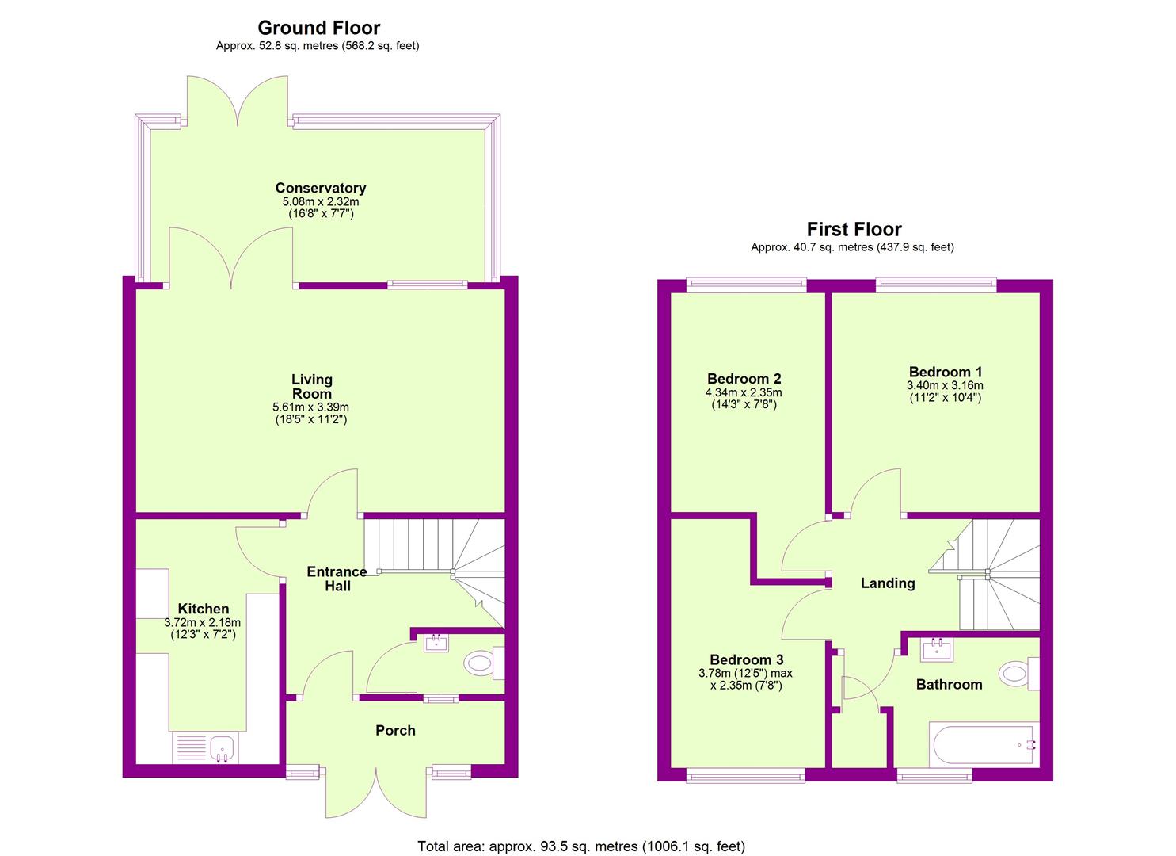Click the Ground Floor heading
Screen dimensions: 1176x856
[x=318, y=27]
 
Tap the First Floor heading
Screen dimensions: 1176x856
[x=854, y=229]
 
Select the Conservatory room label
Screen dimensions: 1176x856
[x=321, y=188]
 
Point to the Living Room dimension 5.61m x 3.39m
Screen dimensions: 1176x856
[x=310, y=407]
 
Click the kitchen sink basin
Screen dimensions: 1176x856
[x=223, y=747]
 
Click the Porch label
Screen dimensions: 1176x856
[x=395, y=731]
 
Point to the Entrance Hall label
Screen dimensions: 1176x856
[x=337, y=579]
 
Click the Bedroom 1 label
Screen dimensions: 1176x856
[x=946, y=372]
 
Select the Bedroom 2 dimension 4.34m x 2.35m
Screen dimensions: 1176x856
[x=744, y=392]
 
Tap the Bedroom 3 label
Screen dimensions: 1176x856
[x=747, y=659]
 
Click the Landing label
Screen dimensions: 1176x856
[x=888, y=583]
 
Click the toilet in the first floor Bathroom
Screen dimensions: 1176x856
[x=1019, y=674]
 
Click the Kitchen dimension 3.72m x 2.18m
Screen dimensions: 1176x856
[x=203, y=623]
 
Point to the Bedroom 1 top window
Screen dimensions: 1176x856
[x=936, y=285]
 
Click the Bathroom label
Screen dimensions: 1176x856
[x=950, y=684]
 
